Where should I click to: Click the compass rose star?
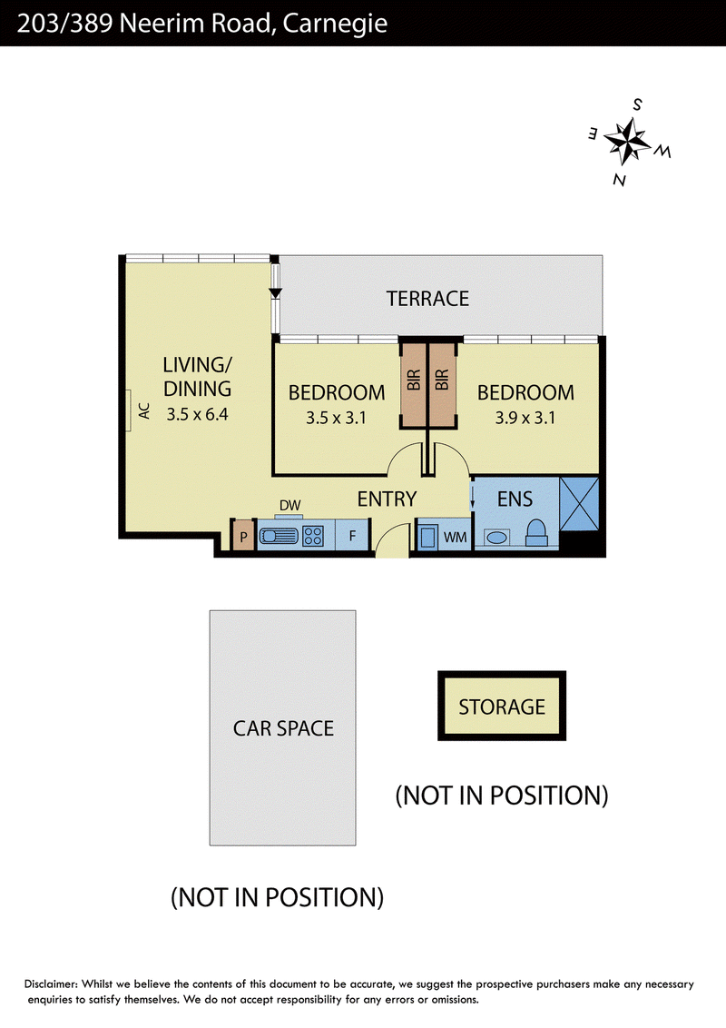pos(627,140)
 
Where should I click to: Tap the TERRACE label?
pos(427,299)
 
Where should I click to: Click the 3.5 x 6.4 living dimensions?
pos(197,414)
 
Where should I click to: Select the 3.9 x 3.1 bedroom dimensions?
pos(525,419)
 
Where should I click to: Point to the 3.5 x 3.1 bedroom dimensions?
pos(336,419)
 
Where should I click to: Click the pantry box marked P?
pos(243,536)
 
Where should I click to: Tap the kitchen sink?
pos(280,537)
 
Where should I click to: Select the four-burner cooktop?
pos(312,537)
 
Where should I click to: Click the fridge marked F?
pos(352,536)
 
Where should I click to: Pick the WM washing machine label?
pos(456,538)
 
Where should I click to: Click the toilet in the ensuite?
pos(536,534)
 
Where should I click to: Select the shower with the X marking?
pos(579,503)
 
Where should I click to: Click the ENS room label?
pos(515,499)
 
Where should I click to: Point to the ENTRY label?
pos(387,499)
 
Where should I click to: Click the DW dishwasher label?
pos(289,506)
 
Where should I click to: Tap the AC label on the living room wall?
pos(145,411)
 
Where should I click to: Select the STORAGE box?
pos(502,707)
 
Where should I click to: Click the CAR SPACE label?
pos(283,728)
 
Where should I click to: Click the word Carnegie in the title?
pos(336,25)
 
